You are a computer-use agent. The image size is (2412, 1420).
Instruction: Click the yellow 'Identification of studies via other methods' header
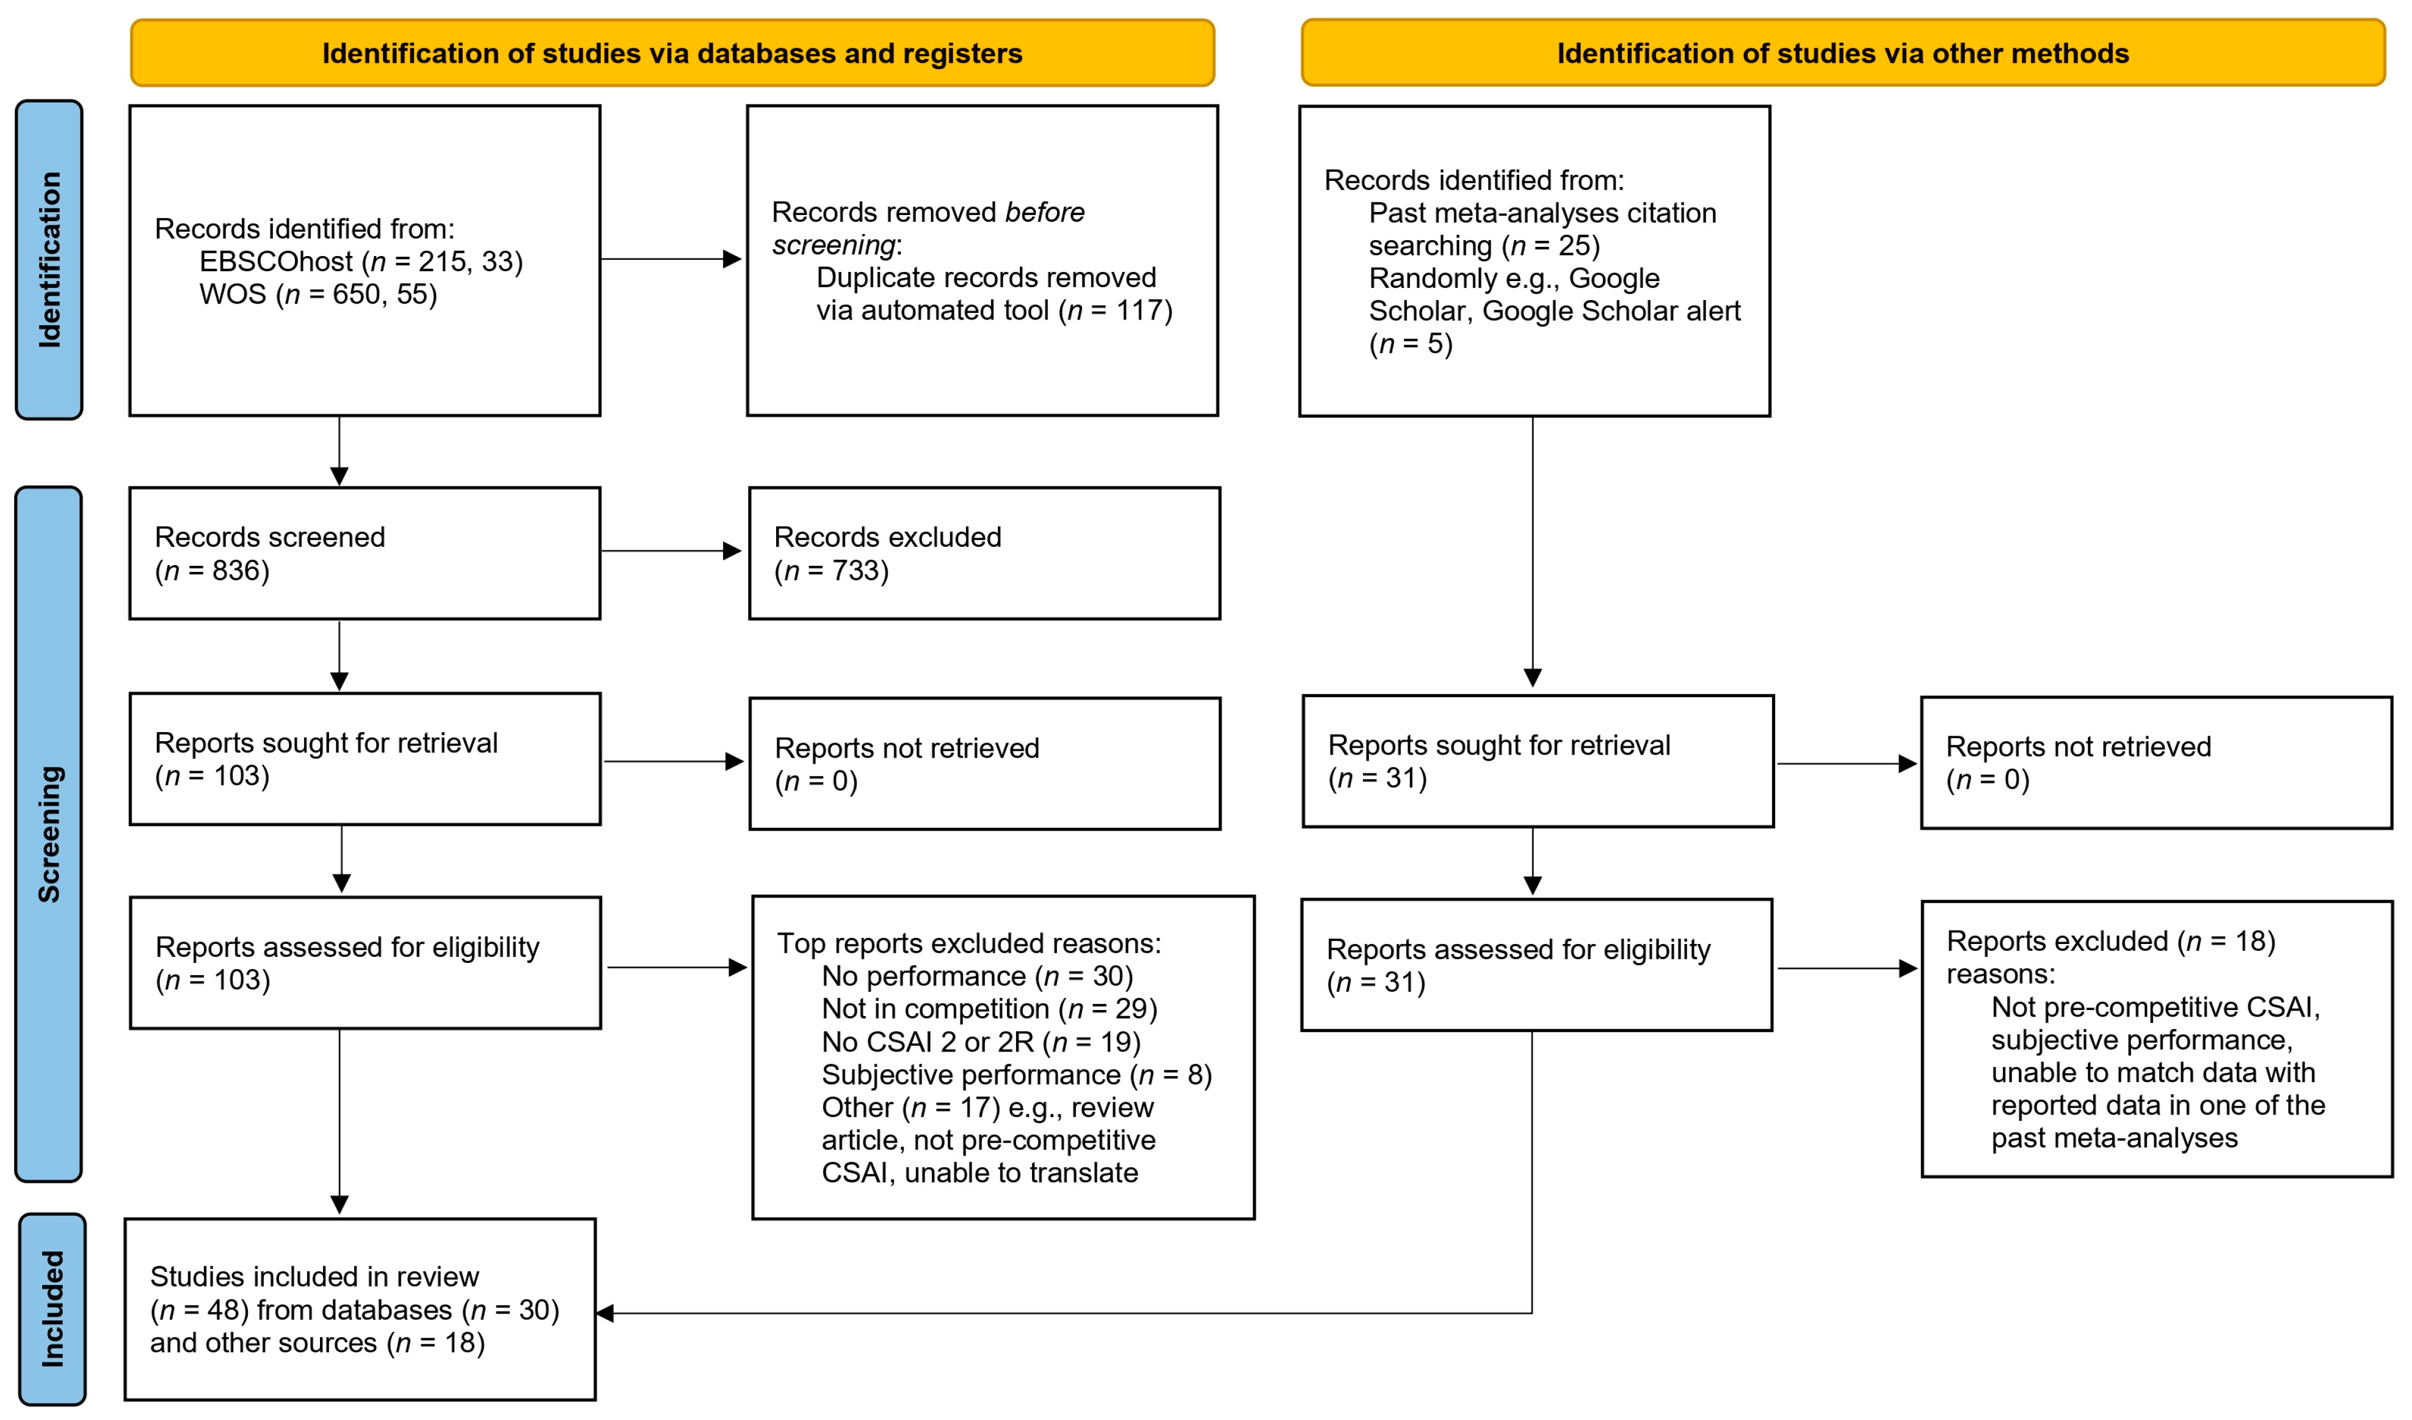click(x=1842, y=53)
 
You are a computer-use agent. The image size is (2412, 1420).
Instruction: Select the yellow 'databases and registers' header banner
click(x=672, y=53)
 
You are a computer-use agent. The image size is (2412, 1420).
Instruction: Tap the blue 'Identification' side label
click(x=49, y=260)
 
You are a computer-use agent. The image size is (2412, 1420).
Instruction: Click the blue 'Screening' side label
click(x=49, y=834)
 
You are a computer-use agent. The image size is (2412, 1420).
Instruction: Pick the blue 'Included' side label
click(x=52, y=1309)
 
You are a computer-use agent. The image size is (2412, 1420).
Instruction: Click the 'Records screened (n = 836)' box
click(x=365, y=554)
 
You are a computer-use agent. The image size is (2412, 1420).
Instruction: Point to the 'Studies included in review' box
click(x=360, y=1309)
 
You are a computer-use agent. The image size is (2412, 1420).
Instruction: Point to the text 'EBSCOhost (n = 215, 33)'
click(x=361, y=262)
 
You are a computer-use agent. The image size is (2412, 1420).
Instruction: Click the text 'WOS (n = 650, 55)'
click(x=318, y=294)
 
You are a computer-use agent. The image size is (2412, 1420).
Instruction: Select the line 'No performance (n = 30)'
click(x=977, y=976)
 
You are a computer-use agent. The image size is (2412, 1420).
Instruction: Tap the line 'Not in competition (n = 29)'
click(x=990, y=1008)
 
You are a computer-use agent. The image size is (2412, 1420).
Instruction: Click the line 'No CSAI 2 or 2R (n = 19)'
click(x=981, y=1042)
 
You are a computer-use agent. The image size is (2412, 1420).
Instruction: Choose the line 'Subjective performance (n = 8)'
click(x=1017, y=1074)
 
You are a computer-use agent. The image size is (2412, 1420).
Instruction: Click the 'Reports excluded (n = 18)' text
click(x=2110, y=941)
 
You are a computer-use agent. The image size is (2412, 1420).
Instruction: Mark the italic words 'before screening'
click(x=928, y=228)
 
